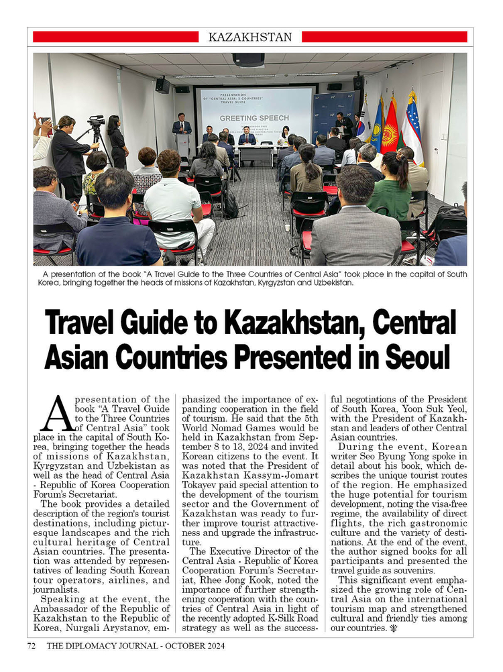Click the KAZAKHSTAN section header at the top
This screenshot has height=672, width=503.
[250, 37]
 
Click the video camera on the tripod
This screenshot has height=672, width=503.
[97, 123]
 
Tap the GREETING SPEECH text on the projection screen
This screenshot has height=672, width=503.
[254, 117]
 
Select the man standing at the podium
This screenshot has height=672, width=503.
[182, 126]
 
